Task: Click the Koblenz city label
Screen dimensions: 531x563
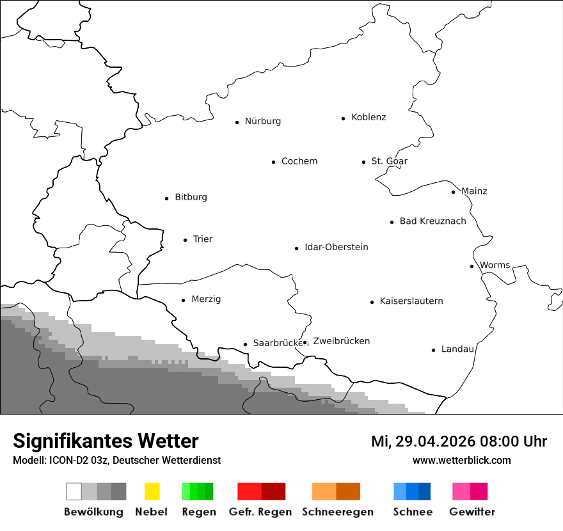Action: [x=369, y=118]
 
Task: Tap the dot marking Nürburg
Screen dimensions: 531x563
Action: [x=237, y=122]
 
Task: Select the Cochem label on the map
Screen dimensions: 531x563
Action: [x=299, y=161]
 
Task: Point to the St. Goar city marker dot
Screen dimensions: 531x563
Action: [x=363, y=162]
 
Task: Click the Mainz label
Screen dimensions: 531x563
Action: [x=474, y=191]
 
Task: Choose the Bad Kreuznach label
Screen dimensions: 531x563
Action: [x=432, y=221]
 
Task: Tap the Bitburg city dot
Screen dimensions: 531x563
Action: [x=166, y=198]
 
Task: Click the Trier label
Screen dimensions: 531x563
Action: [x=203, y=239]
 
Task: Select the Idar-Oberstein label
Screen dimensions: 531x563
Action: [x=337, y=248]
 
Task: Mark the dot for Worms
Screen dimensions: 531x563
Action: [x=472, y=266]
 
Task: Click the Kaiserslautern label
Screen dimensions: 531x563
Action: [x=411, y=301]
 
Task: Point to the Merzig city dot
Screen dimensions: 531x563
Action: [x=183, y=300]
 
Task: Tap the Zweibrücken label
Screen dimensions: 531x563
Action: [x=342, y=341]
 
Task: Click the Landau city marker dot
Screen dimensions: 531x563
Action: [x=433, y=350]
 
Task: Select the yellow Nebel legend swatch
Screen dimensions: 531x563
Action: [x=152, y=491]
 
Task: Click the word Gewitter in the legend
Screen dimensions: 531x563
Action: [x=472, y=512]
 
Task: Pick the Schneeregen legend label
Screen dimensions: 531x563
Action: [x=338, y=512]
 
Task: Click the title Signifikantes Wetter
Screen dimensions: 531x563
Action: [x=106, y=441]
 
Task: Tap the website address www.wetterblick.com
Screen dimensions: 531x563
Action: [x=461, y=461]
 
